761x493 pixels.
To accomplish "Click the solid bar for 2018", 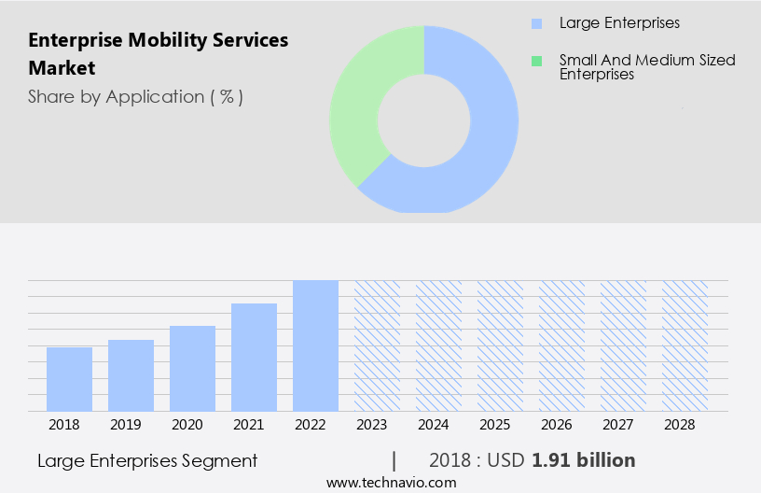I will (x=69, y=379).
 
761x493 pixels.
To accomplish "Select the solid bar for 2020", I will (x=192, y=368).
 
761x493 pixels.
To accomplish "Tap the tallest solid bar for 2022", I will (x=315, y=345).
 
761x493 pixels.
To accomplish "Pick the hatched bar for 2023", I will (x=377, y=345).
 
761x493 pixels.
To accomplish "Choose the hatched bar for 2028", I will (x=685, y=345).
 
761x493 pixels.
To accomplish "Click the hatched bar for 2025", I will (x=500, y=345).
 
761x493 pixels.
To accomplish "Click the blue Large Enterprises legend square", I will (x=535, y=23).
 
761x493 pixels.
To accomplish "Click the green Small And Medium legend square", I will (x=535, y=61).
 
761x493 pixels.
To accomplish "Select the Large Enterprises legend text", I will (x=620, y=23).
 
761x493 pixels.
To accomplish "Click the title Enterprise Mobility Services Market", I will (x=159, y=53).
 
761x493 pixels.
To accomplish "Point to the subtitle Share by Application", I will (x=135, y=97).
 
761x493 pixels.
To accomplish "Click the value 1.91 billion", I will (x=584, y=460).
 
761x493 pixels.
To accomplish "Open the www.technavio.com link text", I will (x=392, y=482).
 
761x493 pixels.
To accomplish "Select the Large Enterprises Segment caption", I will (x=147, y=460).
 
